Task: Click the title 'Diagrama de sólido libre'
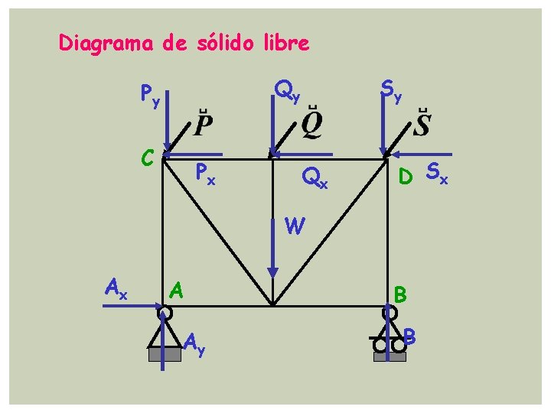click(x=184, y=44)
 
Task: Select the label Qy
click(x=287, y=92)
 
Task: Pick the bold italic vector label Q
click(x=311, y=123)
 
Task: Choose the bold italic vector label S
click(x=422, y=122)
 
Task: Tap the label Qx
click(x=315, y=178)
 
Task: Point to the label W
click(x=295, y=226)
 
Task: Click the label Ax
click(x=116, y=288)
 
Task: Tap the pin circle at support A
click(x=164, y=313)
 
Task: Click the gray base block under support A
click(x=165, y=354)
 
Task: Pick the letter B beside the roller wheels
click(x=411, y=335)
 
